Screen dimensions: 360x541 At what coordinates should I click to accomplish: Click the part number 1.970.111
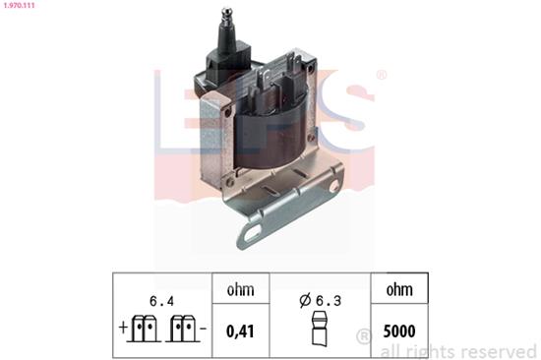[x=23, y=7]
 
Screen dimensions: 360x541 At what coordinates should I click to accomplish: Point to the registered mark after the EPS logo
[x=382, y=75]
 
